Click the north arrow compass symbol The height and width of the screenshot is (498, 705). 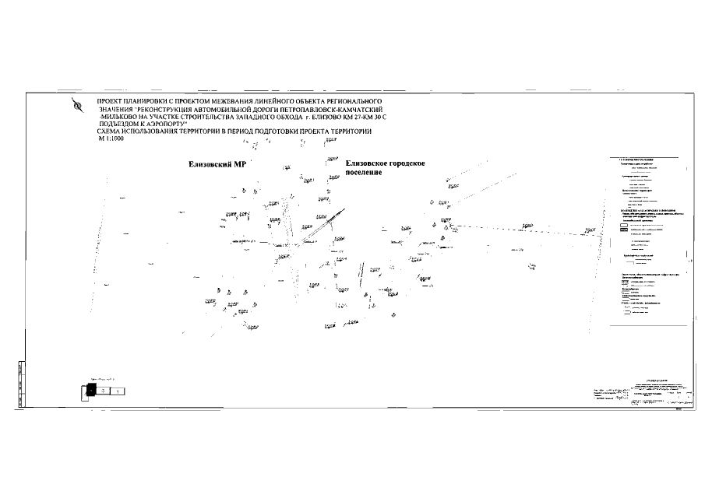tap(76, 106)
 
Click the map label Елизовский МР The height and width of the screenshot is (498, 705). tap(217, 165)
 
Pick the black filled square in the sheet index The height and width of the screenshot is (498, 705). tap(90, 391)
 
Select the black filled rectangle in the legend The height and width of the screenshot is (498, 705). tap(624, 231)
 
